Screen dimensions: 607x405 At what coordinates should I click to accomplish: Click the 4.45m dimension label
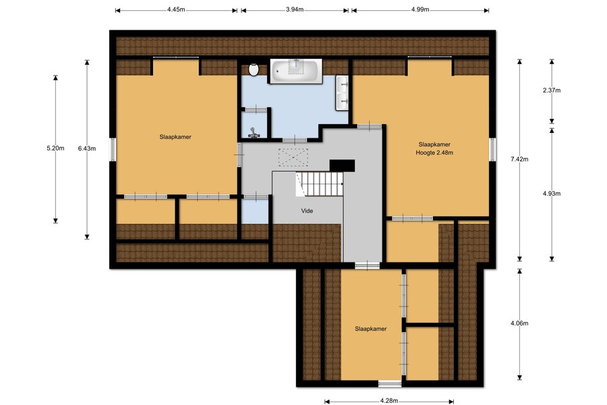[x=176, y=9]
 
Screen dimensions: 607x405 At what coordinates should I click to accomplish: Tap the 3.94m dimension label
[x=295, y=9]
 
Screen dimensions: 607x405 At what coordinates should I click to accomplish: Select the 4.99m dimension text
[x=420, y=9]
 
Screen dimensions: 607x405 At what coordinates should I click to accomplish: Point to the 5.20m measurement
[x=55, y=148]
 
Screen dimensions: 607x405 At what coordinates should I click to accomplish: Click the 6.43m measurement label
[x=87, y=148]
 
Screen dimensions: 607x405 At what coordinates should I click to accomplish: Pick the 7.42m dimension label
[x=519, y=159]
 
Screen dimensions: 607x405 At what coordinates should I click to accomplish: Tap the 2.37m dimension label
[x=552, y=90]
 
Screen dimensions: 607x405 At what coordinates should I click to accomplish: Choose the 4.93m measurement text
[x=552, y=194]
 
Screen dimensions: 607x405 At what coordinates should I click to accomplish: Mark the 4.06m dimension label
[x=519, y=323]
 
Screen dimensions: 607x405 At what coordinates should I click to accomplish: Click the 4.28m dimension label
[x=389, y=401]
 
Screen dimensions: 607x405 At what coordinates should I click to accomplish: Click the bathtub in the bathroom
[x=296, y=71]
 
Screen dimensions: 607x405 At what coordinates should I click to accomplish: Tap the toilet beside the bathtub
[x=254, y=70]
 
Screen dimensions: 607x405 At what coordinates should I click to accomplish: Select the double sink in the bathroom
[x=342, y=92]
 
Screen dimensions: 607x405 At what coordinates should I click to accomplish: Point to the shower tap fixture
[x=253, y=133]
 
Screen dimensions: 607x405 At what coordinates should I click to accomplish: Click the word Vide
[x=307, y=211]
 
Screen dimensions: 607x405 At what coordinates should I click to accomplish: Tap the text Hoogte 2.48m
[x=434, y=153]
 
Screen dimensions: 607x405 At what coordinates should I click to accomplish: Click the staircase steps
[x=320, y=184]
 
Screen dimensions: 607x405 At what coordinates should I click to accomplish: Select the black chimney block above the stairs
[x=342, y=165]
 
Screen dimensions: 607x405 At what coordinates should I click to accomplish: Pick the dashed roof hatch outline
[x=293, y=157]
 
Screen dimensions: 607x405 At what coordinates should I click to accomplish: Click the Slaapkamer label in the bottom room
[x=371, y=329]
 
